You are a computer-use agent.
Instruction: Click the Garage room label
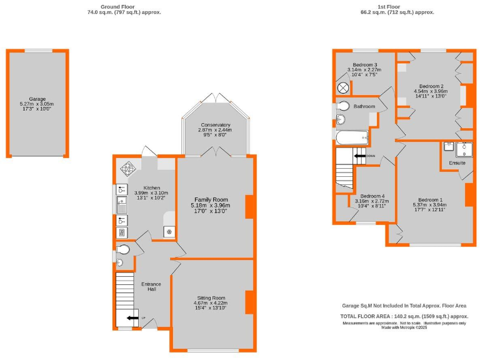37,99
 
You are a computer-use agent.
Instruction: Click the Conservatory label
216,125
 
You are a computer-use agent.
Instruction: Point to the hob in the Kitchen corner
129,167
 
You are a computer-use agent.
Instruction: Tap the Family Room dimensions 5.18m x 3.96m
211,206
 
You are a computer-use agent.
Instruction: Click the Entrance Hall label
151,287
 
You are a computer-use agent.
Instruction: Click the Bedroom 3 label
364,65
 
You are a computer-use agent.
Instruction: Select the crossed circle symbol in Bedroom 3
343,87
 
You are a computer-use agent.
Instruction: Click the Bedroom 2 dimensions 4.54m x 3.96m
431,91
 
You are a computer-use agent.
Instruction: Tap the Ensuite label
457,163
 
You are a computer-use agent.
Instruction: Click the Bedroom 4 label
372,195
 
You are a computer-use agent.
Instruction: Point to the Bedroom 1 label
431,199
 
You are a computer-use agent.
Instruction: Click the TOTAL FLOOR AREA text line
403,316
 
